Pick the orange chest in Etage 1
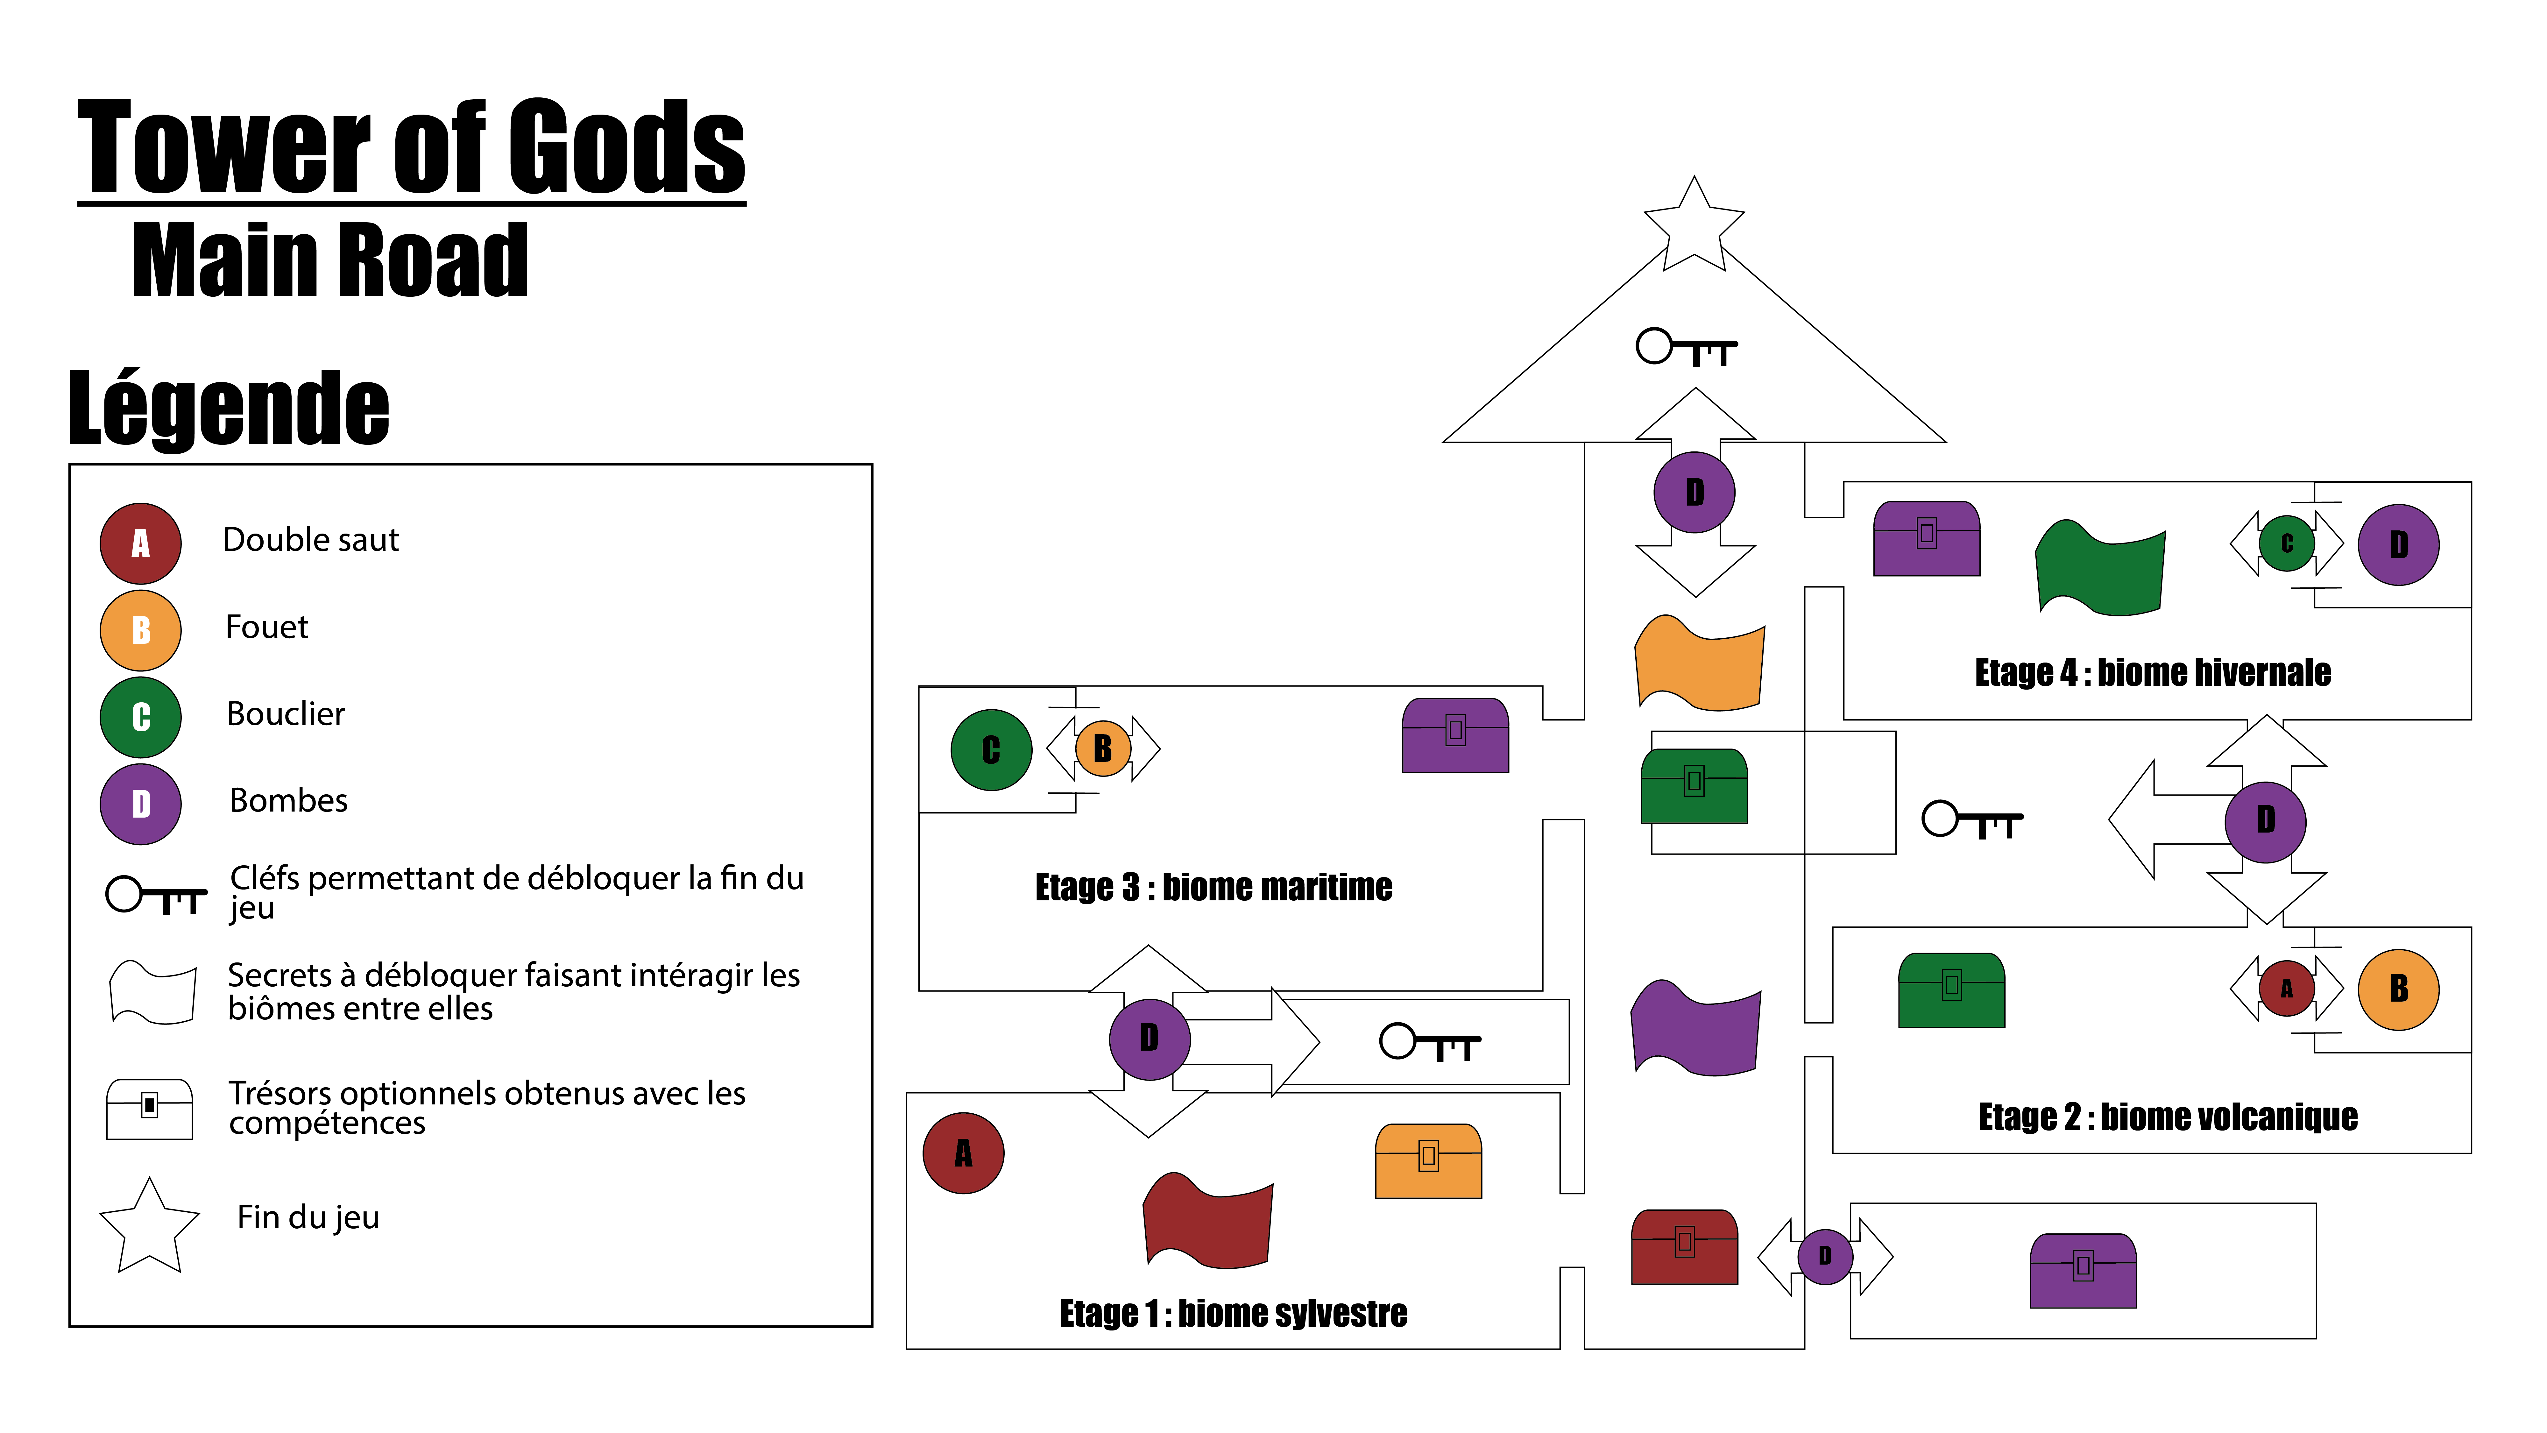pyautogui.click(x=1428, y=1162)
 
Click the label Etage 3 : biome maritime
pyautogui.click(x=1213, y=887)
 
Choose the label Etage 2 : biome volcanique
pyautogui.click(x=2167, y=1117)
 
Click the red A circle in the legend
pyautogui.click(x=140, y=543)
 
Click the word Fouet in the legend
pyautogui.click(x=267, y=627)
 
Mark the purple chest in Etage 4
pyautogui.click(x=1926, y=539)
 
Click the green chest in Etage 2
pyautogui.click(x=1951, y=991)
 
